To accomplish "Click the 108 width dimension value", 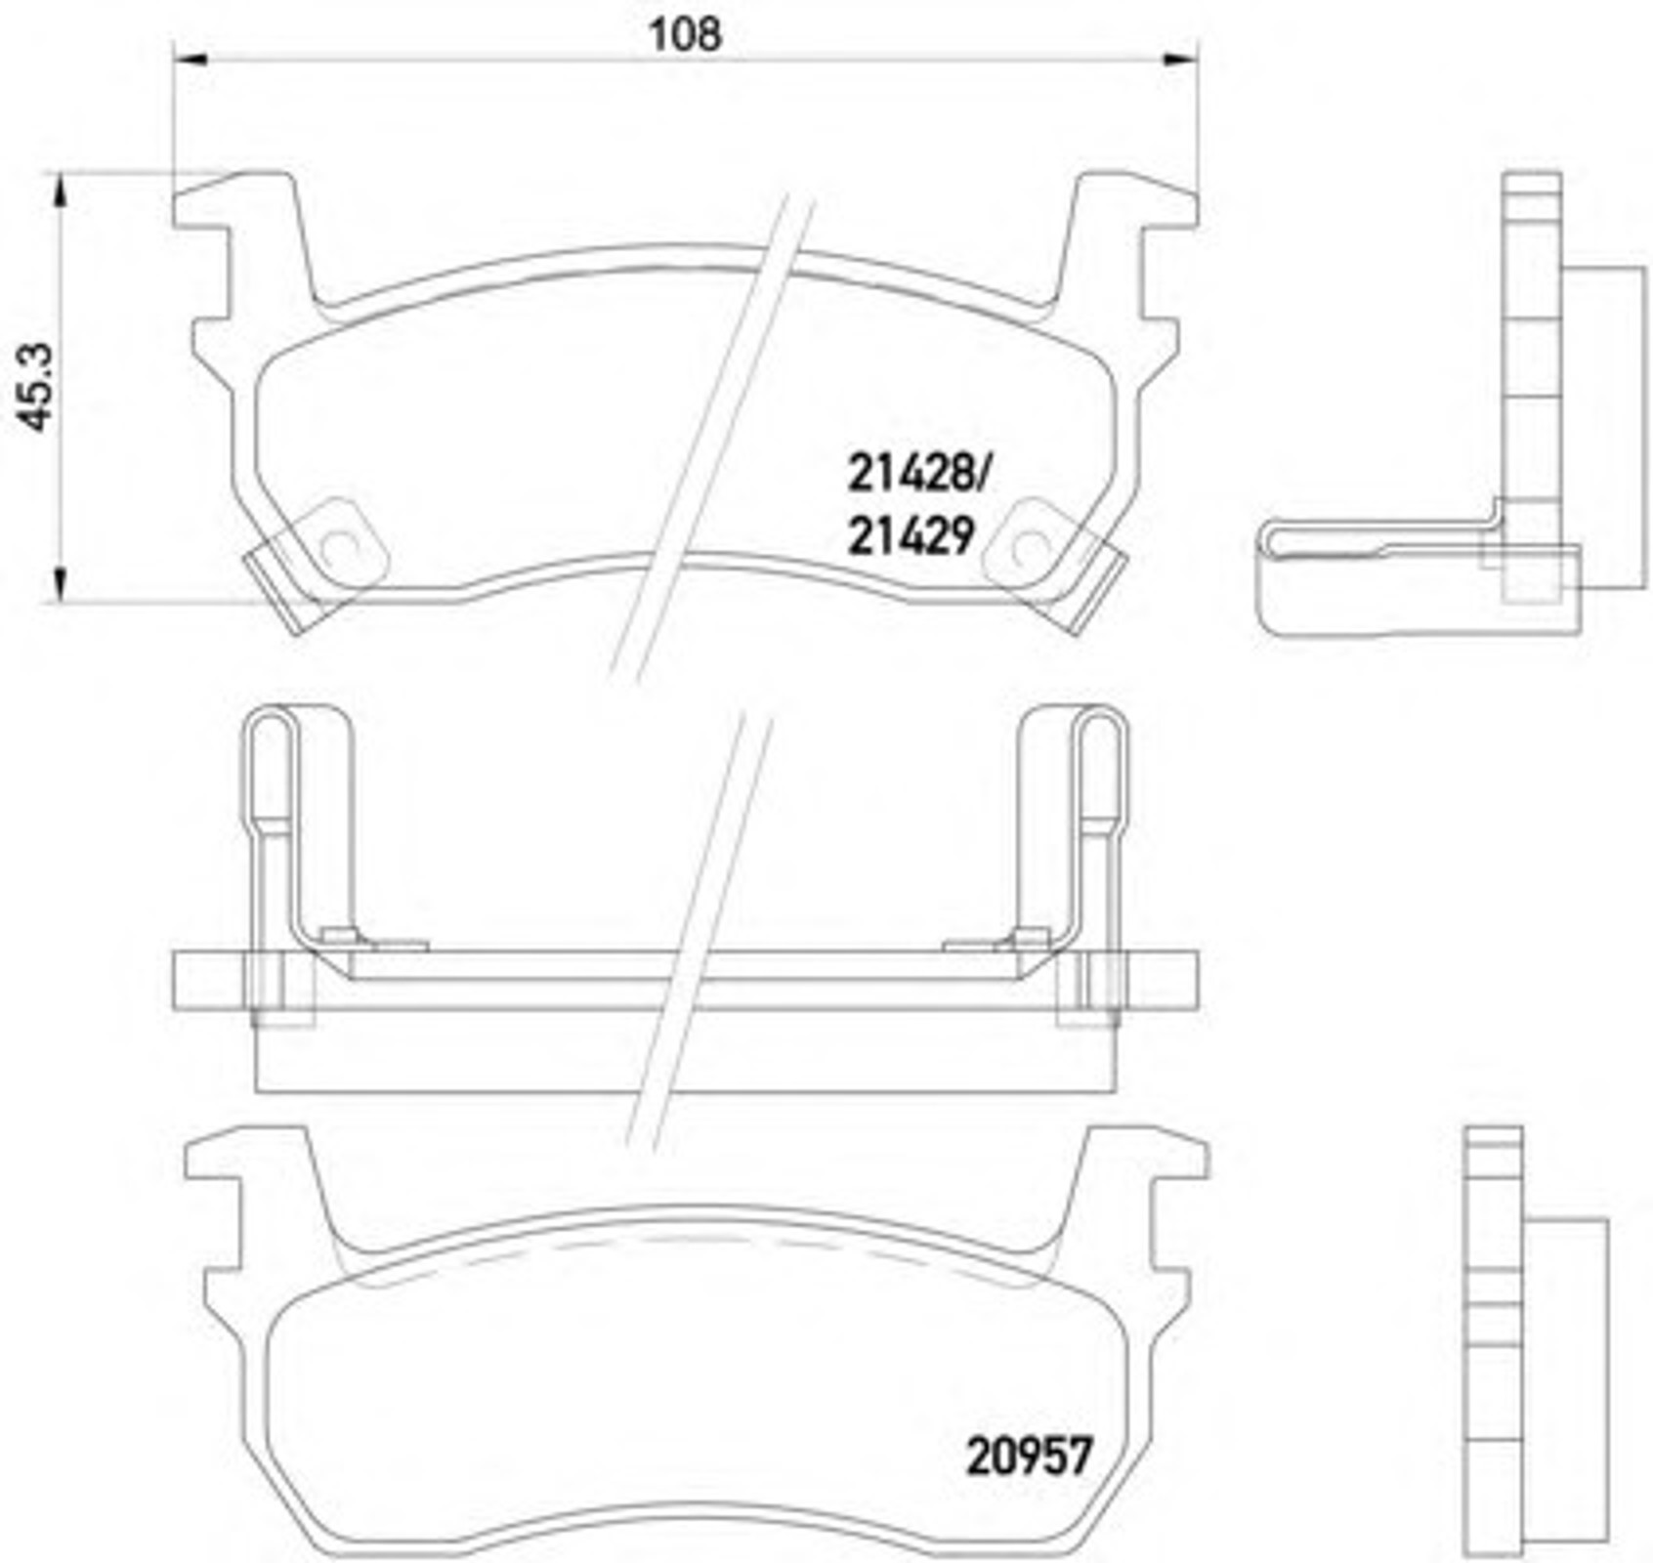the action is click(x=685, y=35).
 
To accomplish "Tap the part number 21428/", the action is click(x=918, y=475).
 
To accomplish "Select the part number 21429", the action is click(x=911, y=535).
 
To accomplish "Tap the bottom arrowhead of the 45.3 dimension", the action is click(x=60, y=586).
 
